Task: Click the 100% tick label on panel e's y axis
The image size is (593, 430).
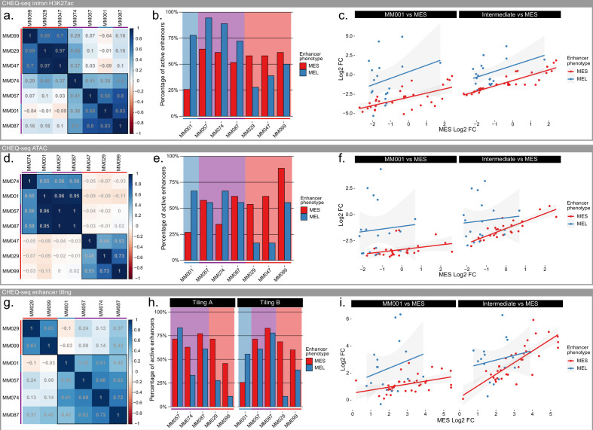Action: [x=170, y=156]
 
